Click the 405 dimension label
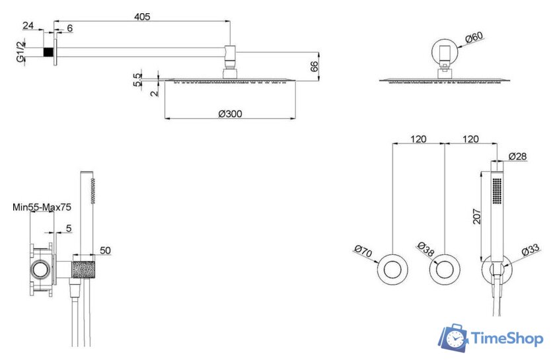[142, 17]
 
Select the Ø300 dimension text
[231, 114]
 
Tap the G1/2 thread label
[21, 52]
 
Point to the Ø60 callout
[474, 37]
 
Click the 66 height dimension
[314, 66]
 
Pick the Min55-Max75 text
[42, 207]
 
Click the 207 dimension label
[477, 216]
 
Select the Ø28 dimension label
[517, 156]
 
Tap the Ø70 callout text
[363, 251]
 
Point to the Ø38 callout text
[425, 249]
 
